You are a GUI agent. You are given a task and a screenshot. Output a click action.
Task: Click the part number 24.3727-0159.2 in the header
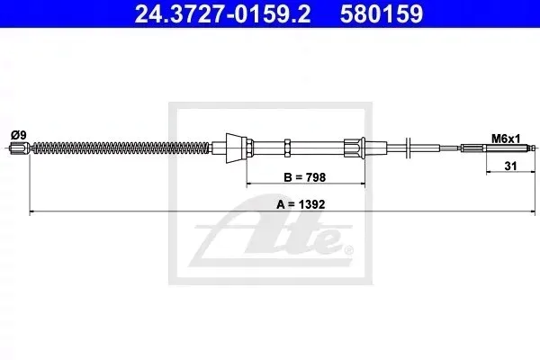(x=222, y=13)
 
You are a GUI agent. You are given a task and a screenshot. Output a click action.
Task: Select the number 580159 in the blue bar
(x=382, y=13)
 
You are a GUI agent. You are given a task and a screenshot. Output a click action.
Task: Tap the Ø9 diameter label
(x=19, y=135)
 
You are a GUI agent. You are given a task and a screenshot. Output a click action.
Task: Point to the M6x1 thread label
(x=506, y=139)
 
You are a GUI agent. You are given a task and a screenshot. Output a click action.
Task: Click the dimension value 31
(x=510, y=166)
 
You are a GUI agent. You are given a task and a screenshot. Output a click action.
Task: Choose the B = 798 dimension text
(x=305, y=177)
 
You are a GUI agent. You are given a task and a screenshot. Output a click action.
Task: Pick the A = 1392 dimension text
(x=301, y=204)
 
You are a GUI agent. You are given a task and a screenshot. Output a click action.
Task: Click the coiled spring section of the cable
(x=121, y=148)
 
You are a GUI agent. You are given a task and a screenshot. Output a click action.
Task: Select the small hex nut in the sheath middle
(x=288, y=148)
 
